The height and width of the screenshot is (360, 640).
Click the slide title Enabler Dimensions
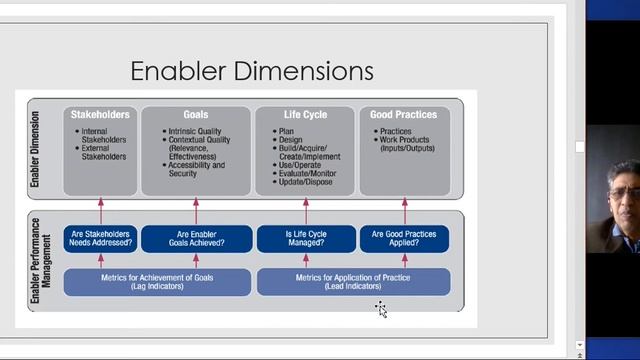(252, 71)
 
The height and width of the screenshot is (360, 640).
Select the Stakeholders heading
(100, 115)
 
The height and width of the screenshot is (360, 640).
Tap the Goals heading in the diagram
(196, 115)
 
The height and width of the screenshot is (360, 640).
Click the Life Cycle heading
(305, 115)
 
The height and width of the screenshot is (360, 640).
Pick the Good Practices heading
(404, 115)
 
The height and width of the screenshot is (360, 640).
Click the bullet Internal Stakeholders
(103, 136)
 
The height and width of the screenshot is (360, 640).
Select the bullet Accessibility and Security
(198, 169)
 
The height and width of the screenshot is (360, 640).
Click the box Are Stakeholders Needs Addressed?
(100, 239)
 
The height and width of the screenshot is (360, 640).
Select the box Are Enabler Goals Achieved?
(196, 239)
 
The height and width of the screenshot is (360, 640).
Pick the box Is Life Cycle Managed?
(306, 239)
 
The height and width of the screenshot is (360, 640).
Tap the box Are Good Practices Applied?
(404, 239)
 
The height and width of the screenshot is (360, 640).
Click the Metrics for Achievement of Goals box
(157, 282)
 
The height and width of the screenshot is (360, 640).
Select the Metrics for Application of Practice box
(353, 282)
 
